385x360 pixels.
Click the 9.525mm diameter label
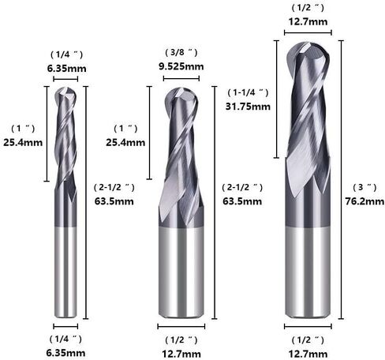[181, 66]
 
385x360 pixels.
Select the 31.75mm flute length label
[248, 107]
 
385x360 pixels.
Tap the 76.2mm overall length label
[364, 201]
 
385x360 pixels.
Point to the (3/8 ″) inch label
[181, 53]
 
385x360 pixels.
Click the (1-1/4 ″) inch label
[248, 92]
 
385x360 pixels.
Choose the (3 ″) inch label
[364, 187]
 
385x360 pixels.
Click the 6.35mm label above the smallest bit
[67, 69]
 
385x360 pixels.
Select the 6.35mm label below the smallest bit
[65, 353]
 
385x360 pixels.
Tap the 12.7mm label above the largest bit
[308, 21]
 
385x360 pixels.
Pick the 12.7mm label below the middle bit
[181, 354]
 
